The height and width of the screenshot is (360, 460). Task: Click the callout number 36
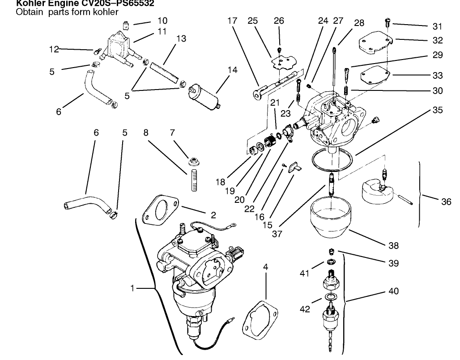click(x=446, y=202)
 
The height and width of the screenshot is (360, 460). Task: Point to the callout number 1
click(x=132, y=288)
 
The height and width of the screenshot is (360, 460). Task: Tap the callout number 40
click(x=393, y=291)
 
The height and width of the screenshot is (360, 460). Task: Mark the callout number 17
click(x=231, y=21)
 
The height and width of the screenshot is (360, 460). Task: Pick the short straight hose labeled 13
click(x=162, y=71)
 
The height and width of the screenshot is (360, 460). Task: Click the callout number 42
click(x=305, y=309)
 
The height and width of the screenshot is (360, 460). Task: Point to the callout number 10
click(x=162, y=21)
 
